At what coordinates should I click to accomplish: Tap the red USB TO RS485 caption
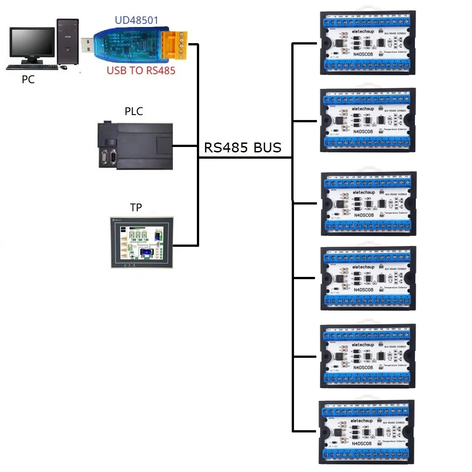point(141,70)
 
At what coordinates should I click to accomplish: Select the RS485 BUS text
point(243,147)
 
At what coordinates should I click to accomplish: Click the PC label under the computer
point(28,80)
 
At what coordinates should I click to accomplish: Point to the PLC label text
point(134,111)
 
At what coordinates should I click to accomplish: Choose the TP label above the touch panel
point(136,208)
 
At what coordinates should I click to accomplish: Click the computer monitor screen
point(31,45)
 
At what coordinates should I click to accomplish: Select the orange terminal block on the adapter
point(178,45)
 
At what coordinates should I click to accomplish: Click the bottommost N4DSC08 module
point(366,432)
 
